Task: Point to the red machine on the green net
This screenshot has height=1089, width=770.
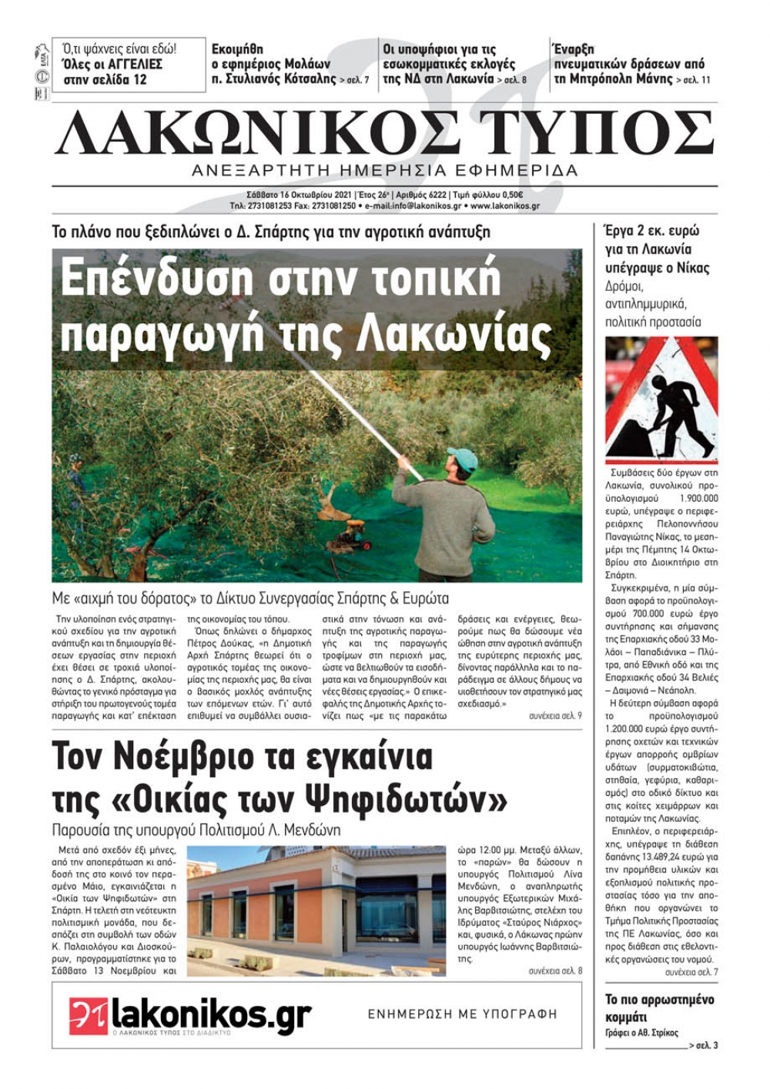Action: pos(351,534)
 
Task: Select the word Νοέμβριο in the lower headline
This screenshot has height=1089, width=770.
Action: pos(200,757)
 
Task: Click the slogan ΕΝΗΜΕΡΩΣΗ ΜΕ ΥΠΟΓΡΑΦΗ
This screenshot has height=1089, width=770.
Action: pos(462,1014)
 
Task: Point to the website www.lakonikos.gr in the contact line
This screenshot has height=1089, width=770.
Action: pos(504,206)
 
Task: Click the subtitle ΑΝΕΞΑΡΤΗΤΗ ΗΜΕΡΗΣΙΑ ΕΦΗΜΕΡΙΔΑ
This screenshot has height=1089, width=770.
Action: pos(384,170)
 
